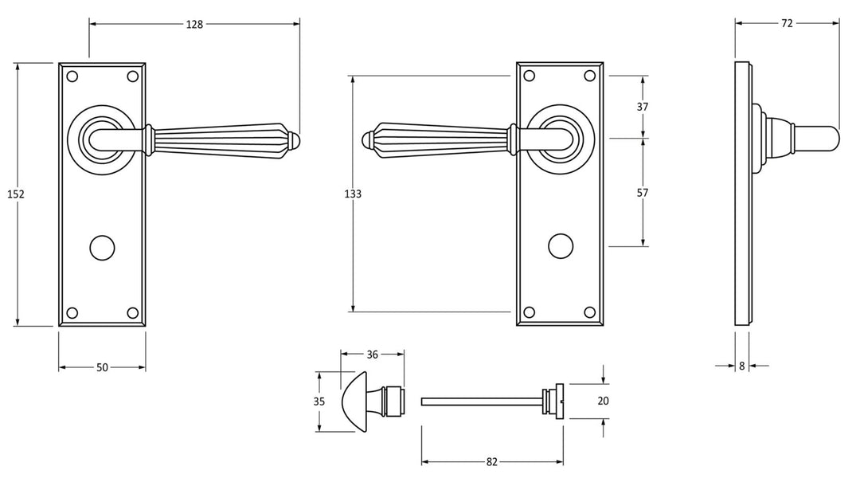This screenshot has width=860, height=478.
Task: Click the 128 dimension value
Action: click(x=194, y=24)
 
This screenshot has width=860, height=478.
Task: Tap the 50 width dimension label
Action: click(x=102, y=367)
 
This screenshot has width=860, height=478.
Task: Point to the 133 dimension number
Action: click(x=353, y=194)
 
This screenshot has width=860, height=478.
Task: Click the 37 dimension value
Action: click(x=643, y=107)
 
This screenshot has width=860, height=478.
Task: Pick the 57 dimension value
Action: click(x=643, y=193)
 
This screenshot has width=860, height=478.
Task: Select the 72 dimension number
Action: click(x=787, y=24)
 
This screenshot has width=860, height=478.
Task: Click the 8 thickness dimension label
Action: click(x=742, y=366)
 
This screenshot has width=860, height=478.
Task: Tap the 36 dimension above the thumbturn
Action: click(x=373, y=355)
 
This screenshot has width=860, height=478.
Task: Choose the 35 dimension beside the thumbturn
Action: click(x=319, y=402)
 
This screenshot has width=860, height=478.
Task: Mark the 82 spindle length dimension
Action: click(x=492, y=461)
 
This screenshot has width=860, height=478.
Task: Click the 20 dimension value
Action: click(x=603, y=402)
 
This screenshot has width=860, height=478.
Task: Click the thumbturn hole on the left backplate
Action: click(x=101, y=246)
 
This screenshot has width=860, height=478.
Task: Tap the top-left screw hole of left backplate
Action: click(x=72, y=76)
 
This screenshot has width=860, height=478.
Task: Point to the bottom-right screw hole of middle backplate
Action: click(x=590, y=311)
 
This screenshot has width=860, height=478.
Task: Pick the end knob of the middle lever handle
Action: click(x=369, y=140)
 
